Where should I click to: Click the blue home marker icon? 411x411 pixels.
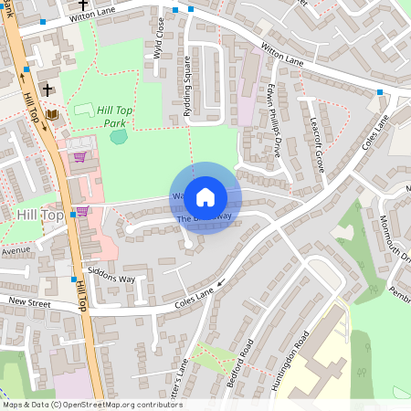tap(205, 197)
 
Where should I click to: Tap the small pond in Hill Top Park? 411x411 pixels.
tap(119, 137)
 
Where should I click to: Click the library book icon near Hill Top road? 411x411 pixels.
tap(52, 114)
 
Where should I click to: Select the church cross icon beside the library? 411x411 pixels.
tap(43, 90)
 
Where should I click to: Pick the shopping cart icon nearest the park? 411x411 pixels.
tap(79, 157)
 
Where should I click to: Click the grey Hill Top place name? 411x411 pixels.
tap(40, 214)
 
